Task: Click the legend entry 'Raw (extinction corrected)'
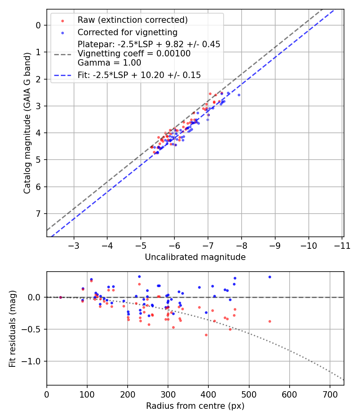click(132, 20)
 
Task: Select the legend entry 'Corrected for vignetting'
click(127, 32)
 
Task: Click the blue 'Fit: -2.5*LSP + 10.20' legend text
click(139, 75)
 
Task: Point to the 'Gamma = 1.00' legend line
click(109, 62)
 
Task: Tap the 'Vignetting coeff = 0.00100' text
click(134, 53)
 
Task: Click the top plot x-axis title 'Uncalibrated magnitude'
click(195, 257)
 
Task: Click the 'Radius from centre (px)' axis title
click(195, 406)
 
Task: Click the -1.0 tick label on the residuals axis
click(33, 361)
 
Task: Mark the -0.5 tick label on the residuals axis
click(33, 329)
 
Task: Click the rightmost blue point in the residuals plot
click(270, 277)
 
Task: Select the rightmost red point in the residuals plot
click(270, 321)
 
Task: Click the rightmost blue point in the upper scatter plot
click(239, 95)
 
